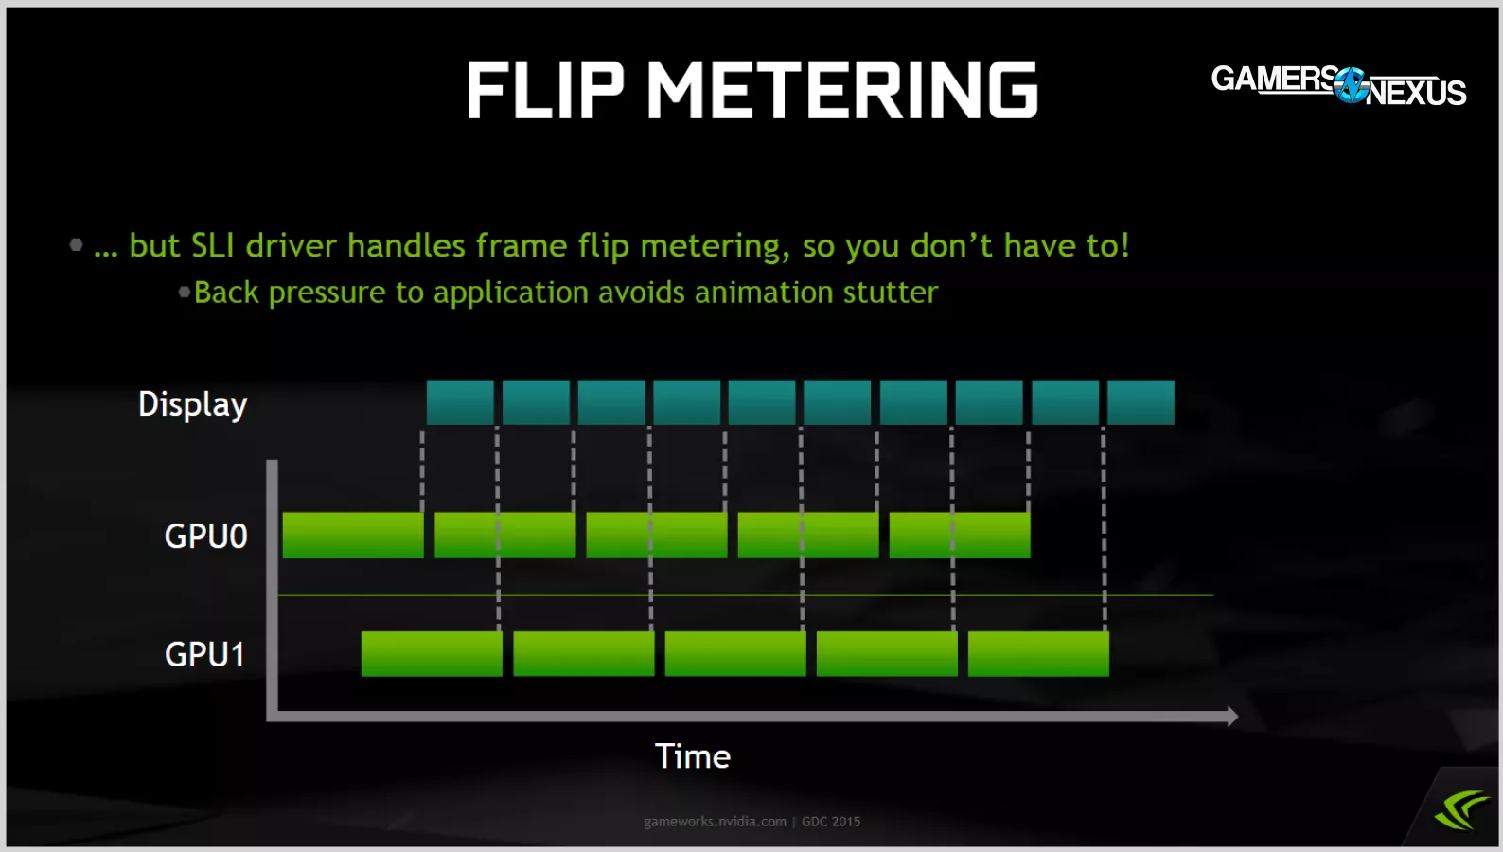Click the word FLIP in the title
[545, 90]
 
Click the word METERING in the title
[842, 90]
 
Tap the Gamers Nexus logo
[1338, 85]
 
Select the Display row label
[192, 404]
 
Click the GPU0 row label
[206, 536]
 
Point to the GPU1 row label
[205, 654]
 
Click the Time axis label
[693, 756]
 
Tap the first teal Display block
[460, 402]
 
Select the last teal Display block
[1141, 402]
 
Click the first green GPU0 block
[353, 535]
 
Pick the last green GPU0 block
[960, 535]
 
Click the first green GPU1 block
[432, 653]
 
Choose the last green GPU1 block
[1038, 653]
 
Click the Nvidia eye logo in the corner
[1460, 810]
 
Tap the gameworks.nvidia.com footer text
[715, 822]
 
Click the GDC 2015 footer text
[831, 822]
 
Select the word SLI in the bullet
[213, 245]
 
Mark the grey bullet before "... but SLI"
[76, 245]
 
